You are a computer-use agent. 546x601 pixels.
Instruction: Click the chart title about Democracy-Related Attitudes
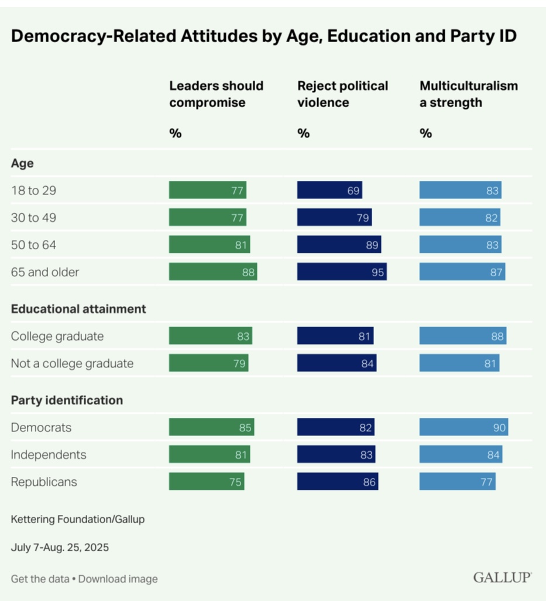coord(264,36)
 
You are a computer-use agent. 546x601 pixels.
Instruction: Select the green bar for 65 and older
coord(213,272)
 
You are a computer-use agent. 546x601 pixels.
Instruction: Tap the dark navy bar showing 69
coord(329,191)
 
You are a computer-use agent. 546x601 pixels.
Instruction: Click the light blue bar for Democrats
coord(463,428)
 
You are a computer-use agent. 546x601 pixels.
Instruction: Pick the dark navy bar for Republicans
coord(337,482)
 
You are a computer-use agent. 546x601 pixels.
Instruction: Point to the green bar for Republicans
coord(207,482)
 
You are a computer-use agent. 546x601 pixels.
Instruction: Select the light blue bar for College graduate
coord(463,336)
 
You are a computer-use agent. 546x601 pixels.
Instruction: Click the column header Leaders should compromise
coord(217,94)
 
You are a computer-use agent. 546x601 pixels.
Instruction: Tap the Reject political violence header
coord(342,94)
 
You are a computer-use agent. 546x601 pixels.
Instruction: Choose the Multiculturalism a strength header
coord(469,94)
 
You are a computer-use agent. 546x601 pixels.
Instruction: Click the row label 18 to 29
coord(33,191)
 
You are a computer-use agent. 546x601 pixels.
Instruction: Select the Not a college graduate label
coord(72,363)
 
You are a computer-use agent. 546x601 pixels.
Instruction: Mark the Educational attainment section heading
coord(78,309)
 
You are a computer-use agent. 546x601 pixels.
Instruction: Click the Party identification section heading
coord(67,400)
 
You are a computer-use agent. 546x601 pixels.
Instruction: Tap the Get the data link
coord(39,579)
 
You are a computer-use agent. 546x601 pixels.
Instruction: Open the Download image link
coord(118,579)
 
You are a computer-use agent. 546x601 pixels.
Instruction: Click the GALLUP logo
coord(502,578)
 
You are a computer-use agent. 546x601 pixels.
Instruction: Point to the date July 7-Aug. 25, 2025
coord(60,548)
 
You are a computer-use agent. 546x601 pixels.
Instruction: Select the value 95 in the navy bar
coord(377,272)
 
